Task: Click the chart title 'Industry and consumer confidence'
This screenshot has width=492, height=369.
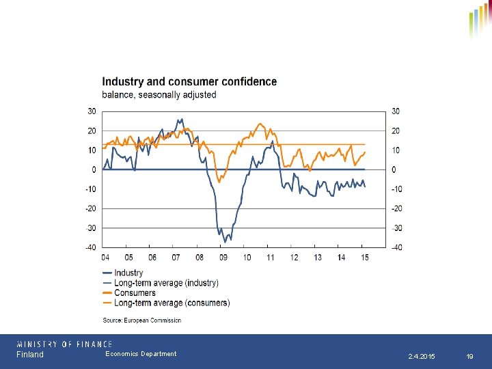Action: pyautogui.click(x=189, y=82)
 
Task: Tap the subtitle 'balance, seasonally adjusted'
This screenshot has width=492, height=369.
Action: pyautogui.click(x=159, y=95)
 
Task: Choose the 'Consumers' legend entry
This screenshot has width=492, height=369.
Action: pyautogui.click(x=135, y=293)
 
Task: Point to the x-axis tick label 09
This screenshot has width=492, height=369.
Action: pyautogui.click(x=223, y=258)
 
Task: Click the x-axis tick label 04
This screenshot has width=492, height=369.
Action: pyautogui.click(x=105, y=258)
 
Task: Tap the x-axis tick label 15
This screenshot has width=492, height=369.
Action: pyautogui.click(x=366, y=258)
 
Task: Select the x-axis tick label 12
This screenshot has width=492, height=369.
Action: pyautogui.click(x=295, y=258)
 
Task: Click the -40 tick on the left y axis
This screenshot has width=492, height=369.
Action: pyautogui.click(x=90, y=247)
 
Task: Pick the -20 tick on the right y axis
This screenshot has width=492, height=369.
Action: pyautogui.click(x=396, y=208)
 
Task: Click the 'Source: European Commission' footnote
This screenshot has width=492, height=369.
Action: pyautogui.click(x=142, y=320)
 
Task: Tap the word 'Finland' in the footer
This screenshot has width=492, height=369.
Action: pyautogui.click(x=30, y=355)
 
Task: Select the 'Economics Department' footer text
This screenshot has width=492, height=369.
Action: pyautogui.click(x=141, y=354)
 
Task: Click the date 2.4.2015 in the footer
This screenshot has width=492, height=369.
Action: pyautogui.click(x=421, y=357)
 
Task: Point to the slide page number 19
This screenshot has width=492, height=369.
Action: pyautogui.click(x=469, y=357)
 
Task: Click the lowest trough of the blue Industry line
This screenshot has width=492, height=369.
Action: pyautogui.click(x=225, y=242)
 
